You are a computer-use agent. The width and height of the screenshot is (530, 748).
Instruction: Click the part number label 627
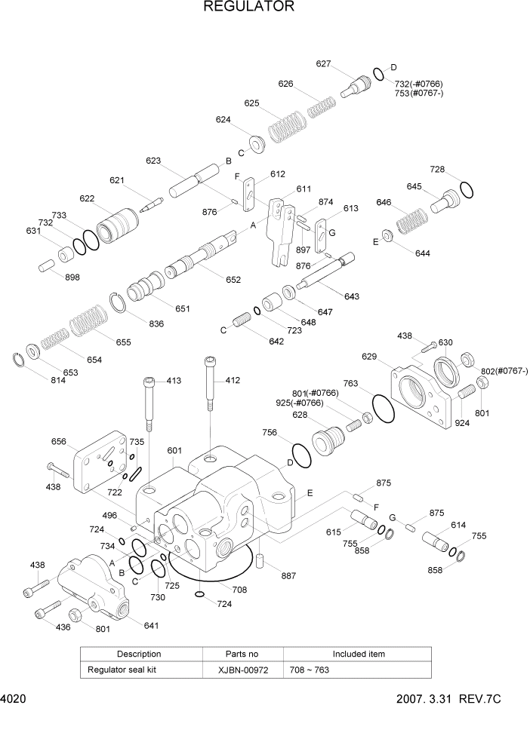[x=323, y=64]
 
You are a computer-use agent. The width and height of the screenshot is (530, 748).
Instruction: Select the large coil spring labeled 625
[x=287, y=126]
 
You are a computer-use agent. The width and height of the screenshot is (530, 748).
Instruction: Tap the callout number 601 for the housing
[x=174, y=451]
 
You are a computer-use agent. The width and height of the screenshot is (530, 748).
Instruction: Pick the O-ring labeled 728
[x=467, y=189]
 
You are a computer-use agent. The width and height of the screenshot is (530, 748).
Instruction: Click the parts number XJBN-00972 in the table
[x=242, y=670]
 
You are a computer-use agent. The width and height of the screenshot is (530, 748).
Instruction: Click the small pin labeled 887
[x=259, y=559]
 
